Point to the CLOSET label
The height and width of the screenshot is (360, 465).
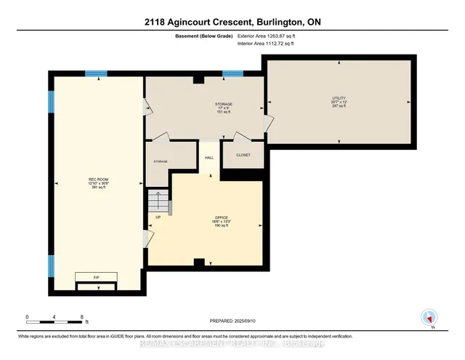[242, 154]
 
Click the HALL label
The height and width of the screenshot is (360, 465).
[209, 156]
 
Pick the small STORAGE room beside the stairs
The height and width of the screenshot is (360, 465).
[160, 161]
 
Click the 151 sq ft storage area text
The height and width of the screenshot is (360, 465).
[204, 113]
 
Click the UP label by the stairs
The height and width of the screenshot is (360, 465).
[157, 217]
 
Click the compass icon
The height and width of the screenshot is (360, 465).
[428, 317]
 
